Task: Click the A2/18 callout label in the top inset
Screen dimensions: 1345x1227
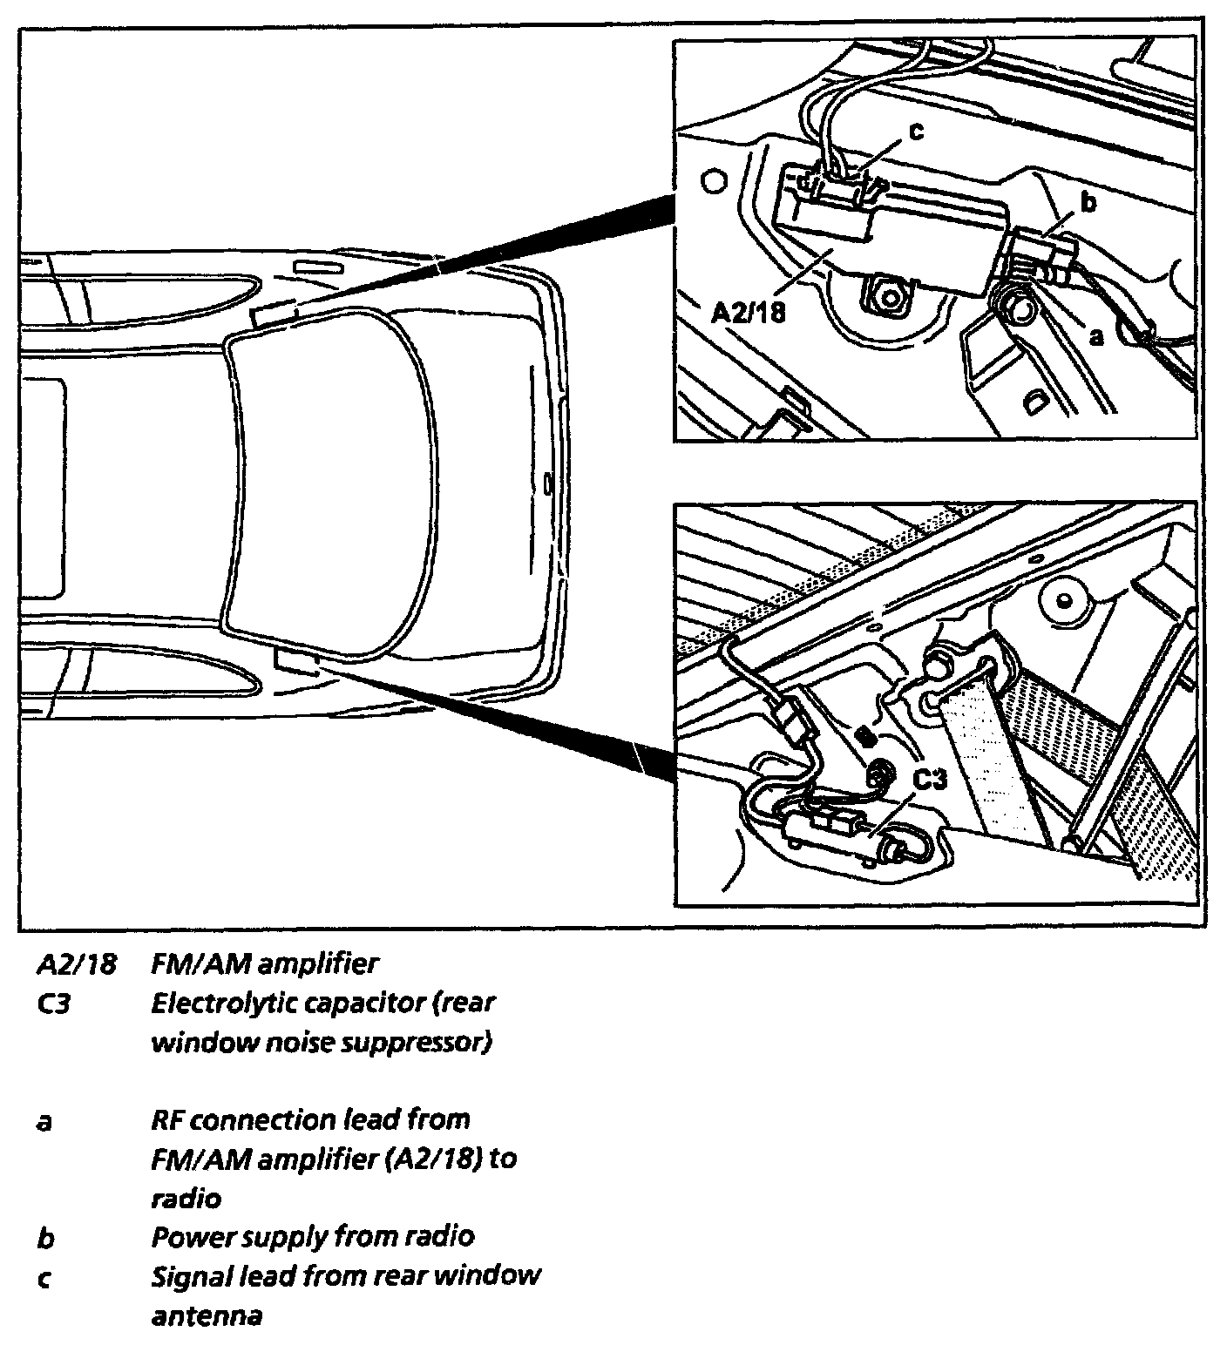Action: (x=748, y=311)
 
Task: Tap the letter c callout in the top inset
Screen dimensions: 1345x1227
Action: (x=915, y=131)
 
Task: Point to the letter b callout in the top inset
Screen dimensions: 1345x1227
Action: (x=1087, y=203)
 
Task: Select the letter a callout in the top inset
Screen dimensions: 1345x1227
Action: (x=1096, y=335)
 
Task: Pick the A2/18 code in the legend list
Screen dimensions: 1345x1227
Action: (x=75, y=964)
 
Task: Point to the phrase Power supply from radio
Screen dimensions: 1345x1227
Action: (x=312, y=1236)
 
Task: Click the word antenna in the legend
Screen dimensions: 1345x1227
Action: (x=207, y=1315)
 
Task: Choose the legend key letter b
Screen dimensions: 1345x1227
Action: (x=44, y=1236)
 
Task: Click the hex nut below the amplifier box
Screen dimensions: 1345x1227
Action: (x=889, y=297)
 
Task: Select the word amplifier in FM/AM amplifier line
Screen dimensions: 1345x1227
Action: (x=319, y=964)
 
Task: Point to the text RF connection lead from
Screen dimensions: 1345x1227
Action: (x=309, y=1119)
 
